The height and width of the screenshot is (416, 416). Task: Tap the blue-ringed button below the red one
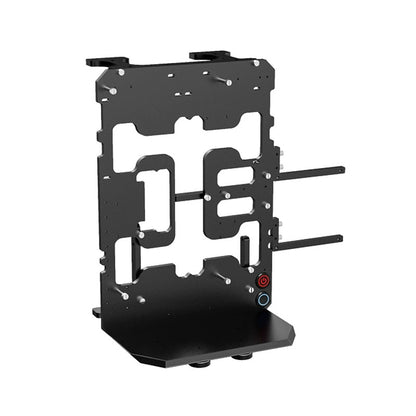(263, 298)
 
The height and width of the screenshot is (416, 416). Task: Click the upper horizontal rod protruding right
(310, 171)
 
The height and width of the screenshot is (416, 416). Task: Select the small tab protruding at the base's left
(96, 311)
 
